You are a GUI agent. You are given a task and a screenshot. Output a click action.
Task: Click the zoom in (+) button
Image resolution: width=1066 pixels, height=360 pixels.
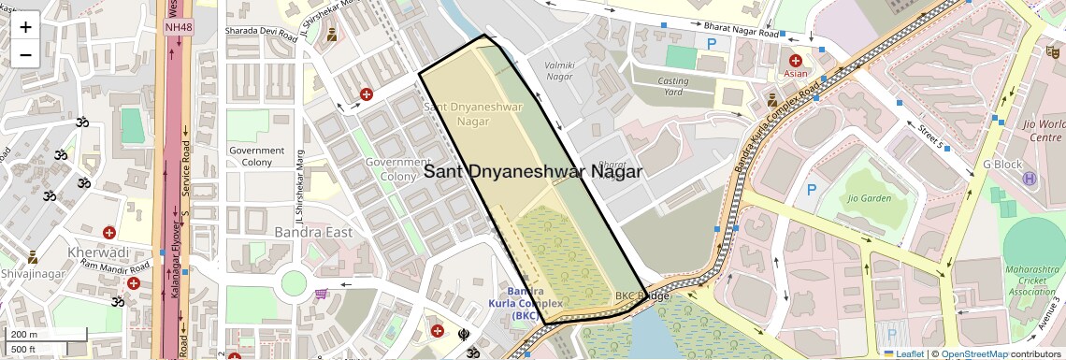click(x=25, y=26)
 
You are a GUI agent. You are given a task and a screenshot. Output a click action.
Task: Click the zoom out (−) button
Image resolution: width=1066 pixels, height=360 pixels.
click(x=25, y=54)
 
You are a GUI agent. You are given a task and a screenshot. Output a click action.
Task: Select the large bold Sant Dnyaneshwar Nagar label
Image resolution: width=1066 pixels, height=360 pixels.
click(x=533, y=172)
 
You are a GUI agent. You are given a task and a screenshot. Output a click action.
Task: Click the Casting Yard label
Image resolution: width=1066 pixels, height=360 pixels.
click(x=673, y=86)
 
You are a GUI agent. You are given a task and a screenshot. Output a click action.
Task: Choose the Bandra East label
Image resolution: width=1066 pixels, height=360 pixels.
click(x=312, y=232)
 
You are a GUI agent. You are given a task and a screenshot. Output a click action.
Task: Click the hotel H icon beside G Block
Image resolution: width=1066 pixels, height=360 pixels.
click(x=1030, y=179)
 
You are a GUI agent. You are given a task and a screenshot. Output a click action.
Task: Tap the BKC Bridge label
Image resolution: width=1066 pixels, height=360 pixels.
click(x=642, y=296)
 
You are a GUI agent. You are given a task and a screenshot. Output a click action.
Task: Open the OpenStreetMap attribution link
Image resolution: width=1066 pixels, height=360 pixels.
click(x=973, y=354)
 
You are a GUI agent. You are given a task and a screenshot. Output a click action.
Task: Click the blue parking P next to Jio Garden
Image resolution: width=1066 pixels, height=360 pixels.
click(x=812, y=191)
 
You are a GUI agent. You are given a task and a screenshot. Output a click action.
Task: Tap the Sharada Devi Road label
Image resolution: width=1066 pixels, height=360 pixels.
click(x=260, y=31)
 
